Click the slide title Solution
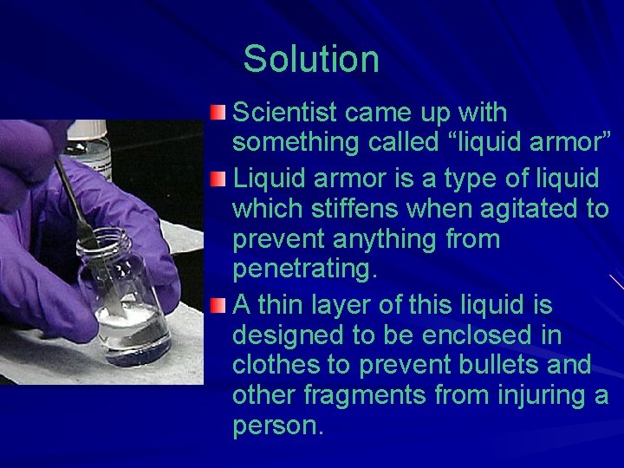[311, 60]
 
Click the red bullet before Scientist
[220, 114]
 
